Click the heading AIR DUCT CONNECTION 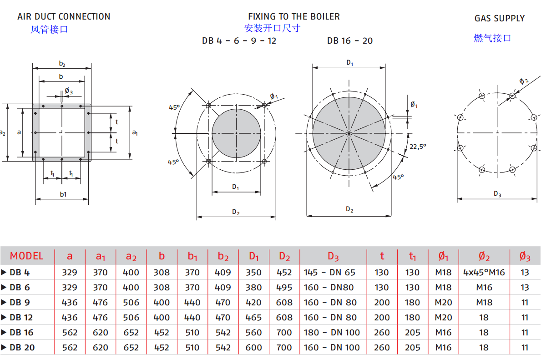[x=64, y=17]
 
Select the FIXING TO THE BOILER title [x=293, y=17]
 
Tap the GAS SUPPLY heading [x=500, y=19]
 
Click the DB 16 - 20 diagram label [x=349, y=41]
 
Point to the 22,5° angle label [x=417, y=147]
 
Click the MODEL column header [x=26, y=256]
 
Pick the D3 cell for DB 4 [x=329, y=273]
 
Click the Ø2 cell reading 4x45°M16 [x=484, y=273]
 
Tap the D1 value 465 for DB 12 [x=253, y=317]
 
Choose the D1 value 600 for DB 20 [x=253, y=347]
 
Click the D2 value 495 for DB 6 [x=284, y=288]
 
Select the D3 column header [x=333, y=257]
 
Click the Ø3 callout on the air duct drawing [x=69, y=91]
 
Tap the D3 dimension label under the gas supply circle [x=497, y=194]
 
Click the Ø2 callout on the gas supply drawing [x=524, y=81]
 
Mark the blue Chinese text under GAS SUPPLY [x=492, y=38]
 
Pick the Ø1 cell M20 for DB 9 [x=443, y=302]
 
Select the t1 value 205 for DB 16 [x=412, y=332]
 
